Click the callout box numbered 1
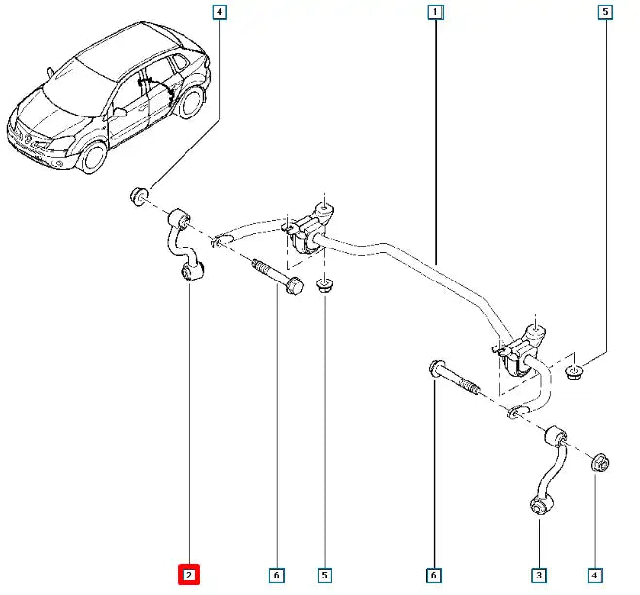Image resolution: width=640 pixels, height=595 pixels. click(436, 13)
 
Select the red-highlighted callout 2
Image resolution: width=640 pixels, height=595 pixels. click(188, 576)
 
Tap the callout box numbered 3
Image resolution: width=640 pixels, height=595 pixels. click(538, 576)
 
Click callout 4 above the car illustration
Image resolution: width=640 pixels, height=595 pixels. click(220, 13)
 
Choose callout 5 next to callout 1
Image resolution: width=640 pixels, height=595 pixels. click(606, 13)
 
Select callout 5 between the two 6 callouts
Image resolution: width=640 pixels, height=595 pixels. click(326, 576)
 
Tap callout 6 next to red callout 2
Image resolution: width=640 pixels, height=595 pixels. click(277, 576)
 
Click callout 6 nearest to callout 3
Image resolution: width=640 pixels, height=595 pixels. click(434, 576)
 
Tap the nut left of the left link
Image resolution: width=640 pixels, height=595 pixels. click(139, 199)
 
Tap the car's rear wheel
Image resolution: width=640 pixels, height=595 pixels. click(194, 104)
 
